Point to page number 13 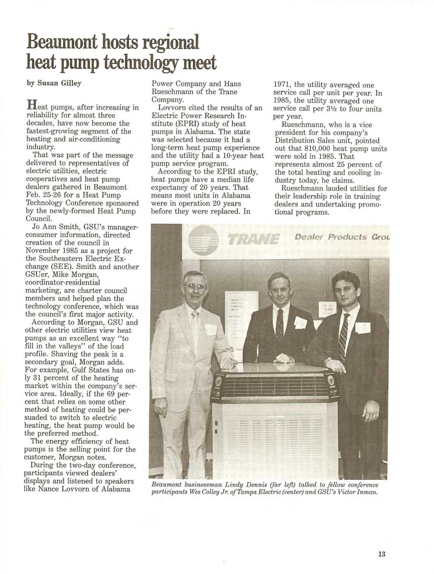pos(381,554)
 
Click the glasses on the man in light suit pos(195,287)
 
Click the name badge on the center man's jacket pos(300,323)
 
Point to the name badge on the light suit pos(211,330)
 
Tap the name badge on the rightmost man pos(363,328)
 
